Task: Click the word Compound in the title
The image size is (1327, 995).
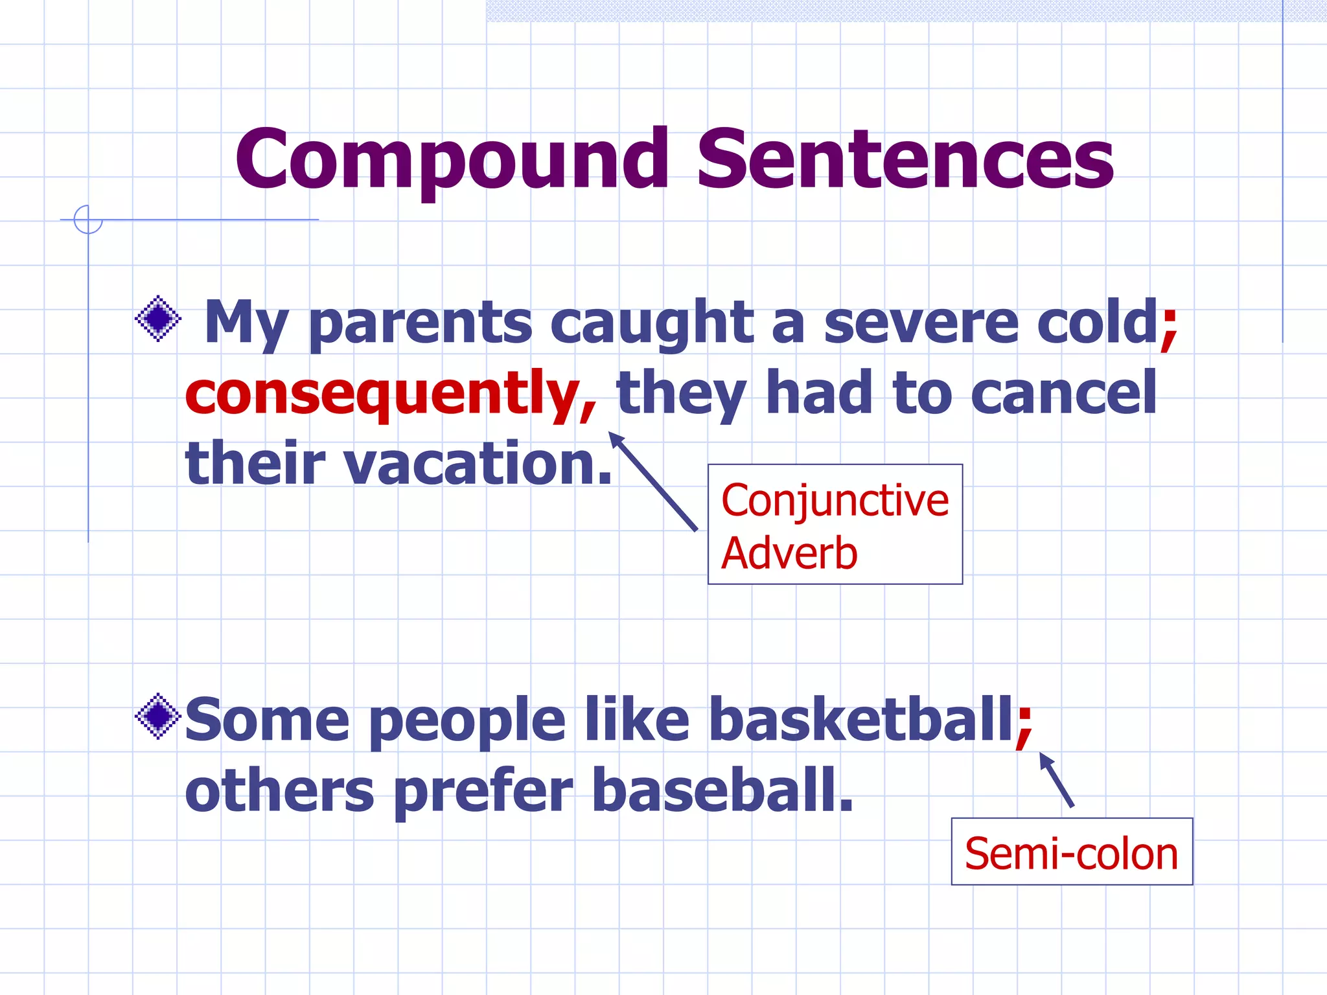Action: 452,160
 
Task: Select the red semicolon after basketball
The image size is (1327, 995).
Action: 1024,724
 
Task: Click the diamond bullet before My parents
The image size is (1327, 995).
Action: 158,319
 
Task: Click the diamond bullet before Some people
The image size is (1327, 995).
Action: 158,716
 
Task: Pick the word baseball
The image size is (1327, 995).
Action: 722,790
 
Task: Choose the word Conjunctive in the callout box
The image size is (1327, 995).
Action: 835,501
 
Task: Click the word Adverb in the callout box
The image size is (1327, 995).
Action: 789,554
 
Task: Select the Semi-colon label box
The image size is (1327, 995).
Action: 1071,852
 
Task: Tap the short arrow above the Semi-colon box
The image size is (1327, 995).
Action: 1057,780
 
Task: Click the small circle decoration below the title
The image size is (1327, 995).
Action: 88,220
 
